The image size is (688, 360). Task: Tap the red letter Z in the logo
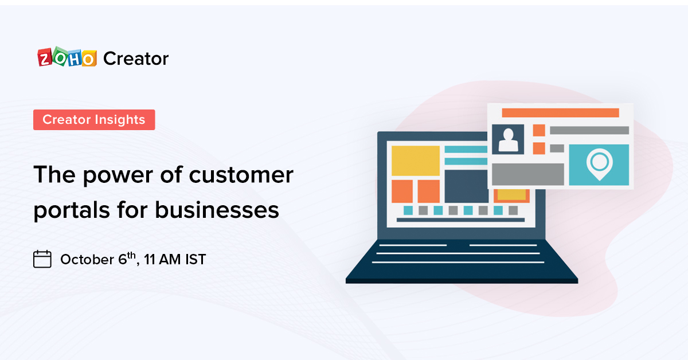[x=45, y=58]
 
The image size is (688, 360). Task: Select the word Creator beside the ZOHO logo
[x=136, y=58]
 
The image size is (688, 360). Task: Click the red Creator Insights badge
[x=94, y=120]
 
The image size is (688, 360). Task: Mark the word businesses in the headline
[x=217, y=210]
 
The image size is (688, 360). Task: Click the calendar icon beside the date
[x=42, y=259]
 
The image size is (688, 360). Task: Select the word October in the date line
[x=87, y=260]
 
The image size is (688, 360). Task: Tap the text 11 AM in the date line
[x=162, y=260]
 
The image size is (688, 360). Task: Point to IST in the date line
[x=195, y=260]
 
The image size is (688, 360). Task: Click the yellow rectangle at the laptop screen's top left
[x=415, y=161]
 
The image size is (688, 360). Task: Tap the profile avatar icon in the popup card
[x=508, y=139]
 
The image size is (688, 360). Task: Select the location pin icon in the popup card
[x=598, y=164]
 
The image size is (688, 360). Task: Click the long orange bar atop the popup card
[x=560, y=112]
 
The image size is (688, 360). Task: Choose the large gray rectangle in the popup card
[x=528, y=174]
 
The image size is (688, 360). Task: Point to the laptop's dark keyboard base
[x=462, y=261]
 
